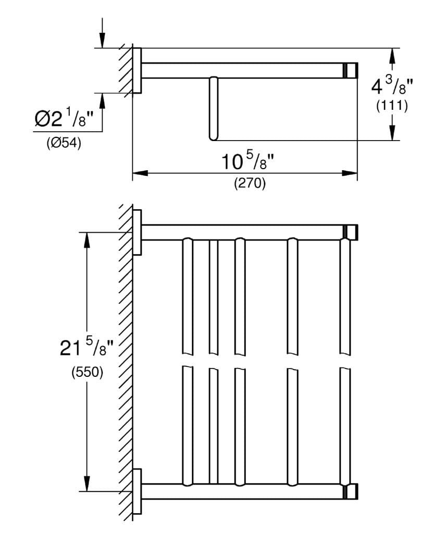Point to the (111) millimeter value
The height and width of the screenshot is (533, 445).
click(391, 106)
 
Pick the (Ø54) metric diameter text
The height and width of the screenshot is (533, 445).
click(64, 144)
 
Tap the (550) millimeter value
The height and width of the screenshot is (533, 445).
click(87, 372)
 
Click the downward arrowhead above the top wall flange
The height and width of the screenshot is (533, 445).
click(102, 41)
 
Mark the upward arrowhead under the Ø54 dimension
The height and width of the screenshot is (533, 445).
click(102, 100)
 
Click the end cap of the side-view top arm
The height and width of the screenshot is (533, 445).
click(351, 70)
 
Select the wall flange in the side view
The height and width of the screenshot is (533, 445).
click(137, 70)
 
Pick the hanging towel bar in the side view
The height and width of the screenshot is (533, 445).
click(212, 108)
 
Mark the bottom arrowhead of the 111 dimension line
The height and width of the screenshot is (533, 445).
click(392, 134)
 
